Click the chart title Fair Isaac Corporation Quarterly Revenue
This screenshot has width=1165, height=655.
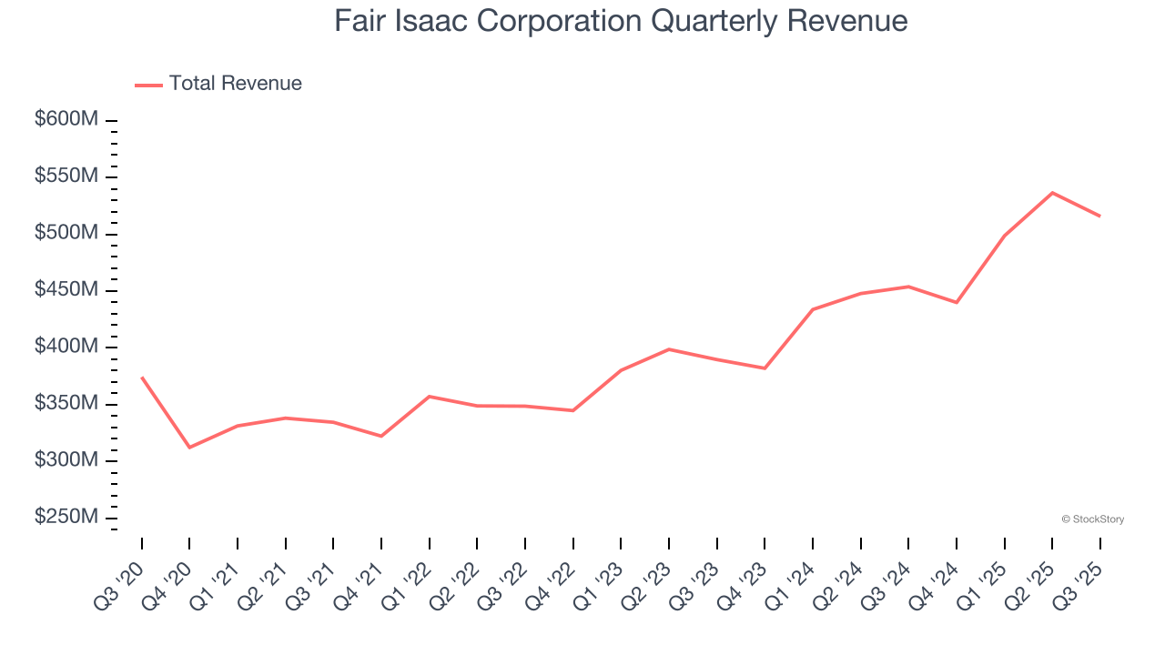621,21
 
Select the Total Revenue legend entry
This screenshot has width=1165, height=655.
218,84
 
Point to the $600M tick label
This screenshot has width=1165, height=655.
66,120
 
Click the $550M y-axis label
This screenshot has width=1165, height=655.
66,176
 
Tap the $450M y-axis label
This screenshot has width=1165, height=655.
66,290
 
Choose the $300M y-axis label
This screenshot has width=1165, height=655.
66,460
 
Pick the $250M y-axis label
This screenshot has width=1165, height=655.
66,517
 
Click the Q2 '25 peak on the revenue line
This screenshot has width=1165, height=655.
1052,193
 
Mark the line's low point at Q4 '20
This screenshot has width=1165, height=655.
189,448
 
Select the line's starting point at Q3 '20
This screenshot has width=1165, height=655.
142,377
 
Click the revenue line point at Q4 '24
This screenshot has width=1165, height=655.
957,302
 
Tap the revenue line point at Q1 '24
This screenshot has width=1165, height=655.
813,309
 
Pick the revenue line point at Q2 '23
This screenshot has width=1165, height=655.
669,349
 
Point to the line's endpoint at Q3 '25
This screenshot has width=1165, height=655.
1099,216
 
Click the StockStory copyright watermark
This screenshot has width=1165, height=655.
1092,519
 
